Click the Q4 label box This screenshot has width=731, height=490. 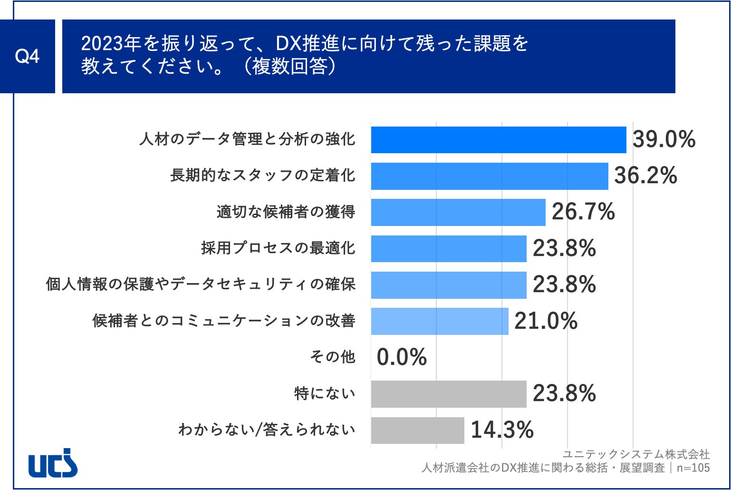(27, 56)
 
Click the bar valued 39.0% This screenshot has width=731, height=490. (498, 140)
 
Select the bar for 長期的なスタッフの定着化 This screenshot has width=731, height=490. (489, 176)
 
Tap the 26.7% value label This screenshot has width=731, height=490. (583, 212)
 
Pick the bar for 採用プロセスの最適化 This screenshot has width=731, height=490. (448, 248)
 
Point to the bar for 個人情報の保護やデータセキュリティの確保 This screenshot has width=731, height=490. (448, 284)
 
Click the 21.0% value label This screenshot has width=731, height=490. (546, 321)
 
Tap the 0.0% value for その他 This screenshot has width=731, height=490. (402, 357)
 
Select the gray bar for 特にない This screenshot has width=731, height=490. (448, 394)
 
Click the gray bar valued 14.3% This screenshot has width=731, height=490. (417, 430)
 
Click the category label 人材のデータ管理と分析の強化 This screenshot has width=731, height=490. (247, 139)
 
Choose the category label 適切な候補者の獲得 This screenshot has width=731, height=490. (286, 212)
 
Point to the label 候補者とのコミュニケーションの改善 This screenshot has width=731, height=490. (223, 321)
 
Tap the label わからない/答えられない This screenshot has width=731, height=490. (267, 430)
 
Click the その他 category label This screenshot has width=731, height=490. (332, 357)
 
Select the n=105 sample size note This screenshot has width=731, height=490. (693, 468)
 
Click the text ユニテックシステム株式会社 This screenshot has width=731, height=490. (636, 454)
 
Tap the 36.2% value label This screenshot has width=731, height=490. (645, 176)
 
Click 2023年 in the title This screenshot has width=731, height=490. (110, 44)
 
